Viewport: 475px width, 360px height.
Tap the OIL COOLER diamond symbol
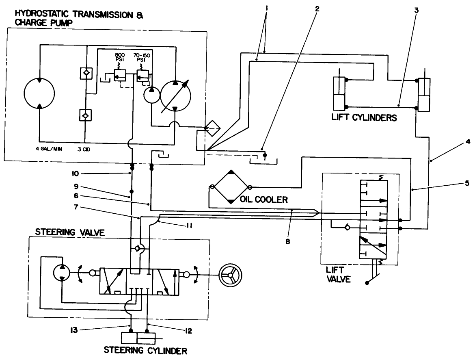(231, 187)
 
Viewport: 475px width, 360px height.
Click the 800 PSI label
(119, 57)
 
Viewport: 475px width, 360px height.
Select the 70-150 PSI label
(142, 57)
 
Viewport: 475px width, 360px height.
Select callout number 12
(188, 332)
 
